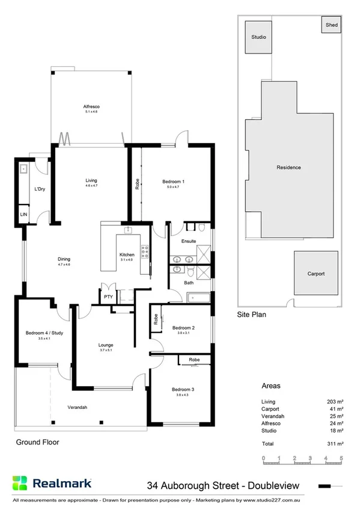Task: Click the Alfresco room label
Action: tap(91, 106)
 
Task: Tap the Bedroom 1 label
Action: tap(173, 181)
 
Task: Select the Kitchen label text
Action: tap(126, 255)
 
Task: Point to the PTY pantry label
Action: tap(108, 296)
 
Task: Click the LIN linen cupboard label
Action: tap(23, 215)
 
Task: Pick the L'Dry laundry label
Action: tap(40, 189)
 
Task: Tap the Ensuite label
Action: tap(189, 241)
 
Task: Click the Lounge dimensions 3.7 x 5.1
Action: tap(106, 351)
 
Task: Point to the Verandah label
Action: tap(78, 407)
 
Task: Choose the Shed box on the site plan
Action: tap(332, 25)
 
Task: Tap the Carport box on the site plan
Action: tap(316, 274)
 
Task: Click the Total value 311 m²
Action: tap(335, 443)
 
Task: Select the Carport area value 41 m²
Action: tap(336, 408)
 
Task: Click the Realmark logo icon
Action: tap(20, 483)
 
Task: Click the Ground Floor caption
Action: tap(37, 441)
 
